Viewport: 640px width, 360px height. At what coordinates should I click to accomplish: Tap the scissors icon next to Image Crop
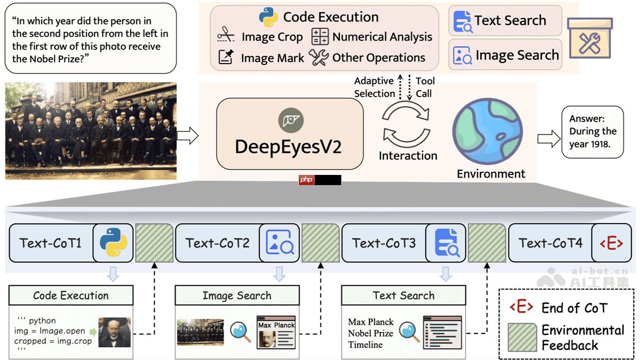[x=226, y=36]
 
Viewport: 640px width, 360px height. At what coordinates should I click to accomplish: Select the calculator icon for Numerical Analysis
[x=320, y=36]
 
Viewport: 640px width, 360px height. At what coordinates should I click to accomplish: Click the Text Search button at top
[x=505, y=21]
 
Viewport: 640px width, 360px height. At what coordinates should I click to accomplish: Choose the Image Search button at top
[x=505, y=55]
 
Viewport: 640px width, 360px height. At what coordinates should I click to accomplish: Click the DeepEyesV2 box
[x=290, y=133]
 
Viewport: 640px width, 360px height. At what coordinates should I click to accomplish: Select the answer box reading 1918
[x=592, y=131]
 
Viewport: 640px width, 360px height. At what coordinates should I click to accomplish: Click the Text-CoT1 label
[x=51, y=243]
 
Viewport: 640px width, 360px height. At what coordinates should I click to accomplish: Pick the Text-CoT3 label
[x=383, y=243]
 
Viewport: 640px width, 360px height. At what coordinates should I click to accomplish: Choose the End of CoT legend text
[x=574, y=308]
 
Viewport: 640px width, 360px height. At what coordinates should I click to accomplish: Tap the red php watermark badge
[x=306, y=180]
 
